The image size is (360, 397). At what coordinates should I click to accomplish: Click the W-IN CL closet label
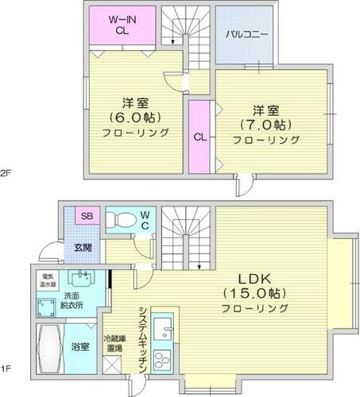pos(122,25)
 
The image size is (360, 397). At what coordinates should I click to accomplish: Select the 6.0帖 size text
pos(133,118)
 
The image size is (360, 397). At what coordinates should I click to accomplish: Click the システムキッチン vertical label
pos(141,337)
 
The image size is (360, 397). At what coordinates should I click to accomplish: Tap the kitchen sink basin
pos(162,327)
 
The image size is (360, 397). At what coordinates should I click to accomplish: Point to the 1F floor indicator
pos(6,368)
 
